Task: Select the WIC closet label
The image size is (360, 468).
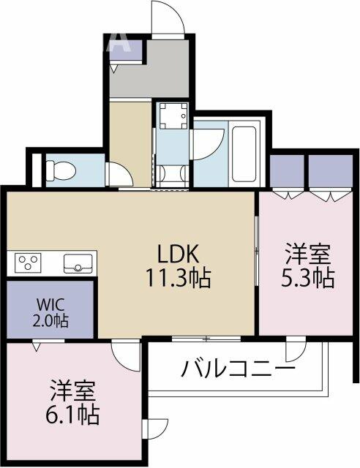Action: [31, 306]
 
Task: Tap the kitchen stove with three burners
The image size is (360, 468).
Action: [28, 263]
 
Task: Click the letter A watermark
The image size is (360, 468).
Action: [120, 43]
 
